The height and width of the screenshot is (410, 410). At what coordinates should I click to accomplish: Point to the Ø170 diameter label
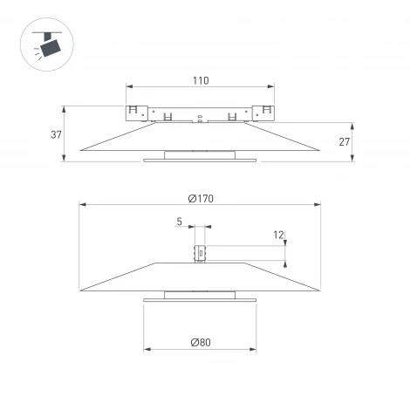[x=200, y=199]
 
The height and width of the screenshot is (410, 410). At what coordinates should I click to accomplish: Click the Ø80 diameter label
[x=200, y=342]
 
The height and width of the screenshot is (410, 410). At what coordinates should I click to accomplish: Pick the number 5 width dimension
[x=179, y=222]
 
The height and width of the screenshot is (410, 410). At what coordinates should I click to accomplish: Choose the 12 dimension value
[x=278, y=235]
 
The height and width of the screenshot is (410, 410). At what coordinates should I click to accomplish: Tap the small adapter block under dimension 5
[x=200, y=253]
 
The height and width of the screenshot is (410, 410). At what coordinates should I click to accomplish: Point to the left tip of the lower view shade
[x=80, y=290]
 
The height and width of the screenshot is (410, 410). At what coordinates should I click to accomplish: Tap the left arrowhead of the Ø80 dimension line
[x=146, y=350]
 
